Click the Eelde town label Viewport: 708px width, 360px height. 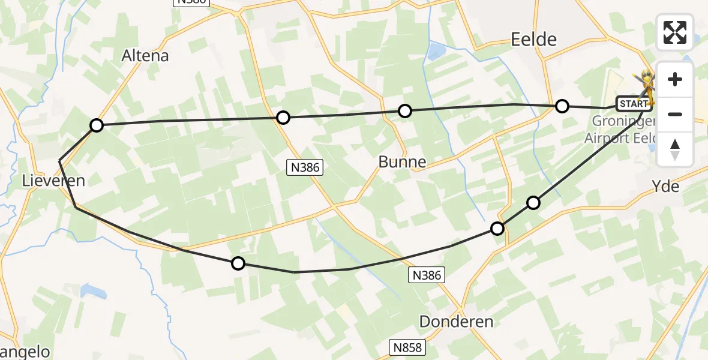(x=533, y=40)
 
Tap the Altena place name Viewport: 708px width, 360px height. (x=145, y=56)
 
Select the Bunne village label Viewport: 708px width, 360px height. (x=402, y=161)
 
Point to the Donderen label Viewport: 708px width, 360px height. (x=456, y=321)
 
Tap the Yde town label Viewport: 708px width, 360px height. (x=665, y=187)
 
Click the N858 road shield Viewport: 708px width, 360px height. (x=408, y=347)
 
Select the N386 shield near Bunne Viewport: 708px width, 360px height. (x=304, y=168)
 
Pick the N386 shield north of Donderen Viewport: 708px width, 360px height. (x=427, y=275)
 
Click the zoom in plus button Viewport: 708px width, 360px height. (x=675, y=79)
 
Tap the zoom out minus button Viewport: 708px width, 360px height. (x=675, y=114)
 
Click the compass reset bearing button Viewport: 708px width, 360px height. (x=675, y=149)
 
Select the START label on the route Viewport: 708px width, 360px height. (x=634, y=104)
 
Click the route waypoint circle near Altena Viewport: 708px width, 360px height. (x=97, y=125)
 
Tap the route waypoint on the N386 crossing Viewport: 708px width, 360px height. (x=283, y=117)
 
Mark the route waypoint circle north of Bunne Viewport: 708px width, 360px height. (x=405, y=110)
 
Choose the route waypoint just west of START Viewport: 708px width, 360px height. (x=562, y=106)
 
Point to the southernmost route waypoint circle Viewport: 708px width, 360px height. (x=238, y=263)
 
